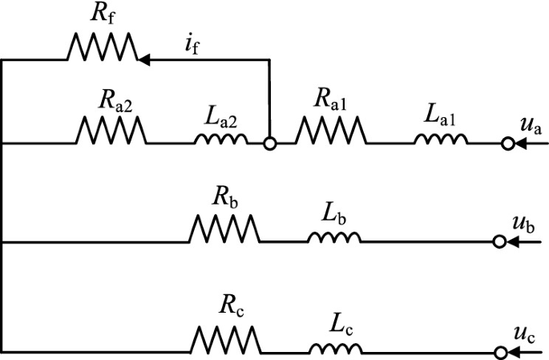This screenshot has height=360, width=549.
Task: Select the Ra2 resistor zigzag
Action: click(x=111, y=131)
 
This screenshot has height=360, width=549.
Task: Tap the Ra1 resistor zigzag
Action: click(x=331, y=131)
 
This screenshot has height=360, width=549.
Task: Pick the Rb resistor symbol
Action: click(x=224, y=229)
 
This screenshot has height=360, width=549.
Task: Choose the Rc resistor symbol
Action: click(x=224, y=339)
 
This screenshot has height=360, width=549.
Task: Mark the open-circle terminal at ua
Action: click(x=507, y=144)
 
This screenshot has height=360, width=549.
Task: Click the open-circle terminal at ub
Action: click(x=500, y=241)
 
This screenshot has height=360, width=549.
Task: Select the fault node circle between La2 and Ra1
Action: click(x=271, y=144)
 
